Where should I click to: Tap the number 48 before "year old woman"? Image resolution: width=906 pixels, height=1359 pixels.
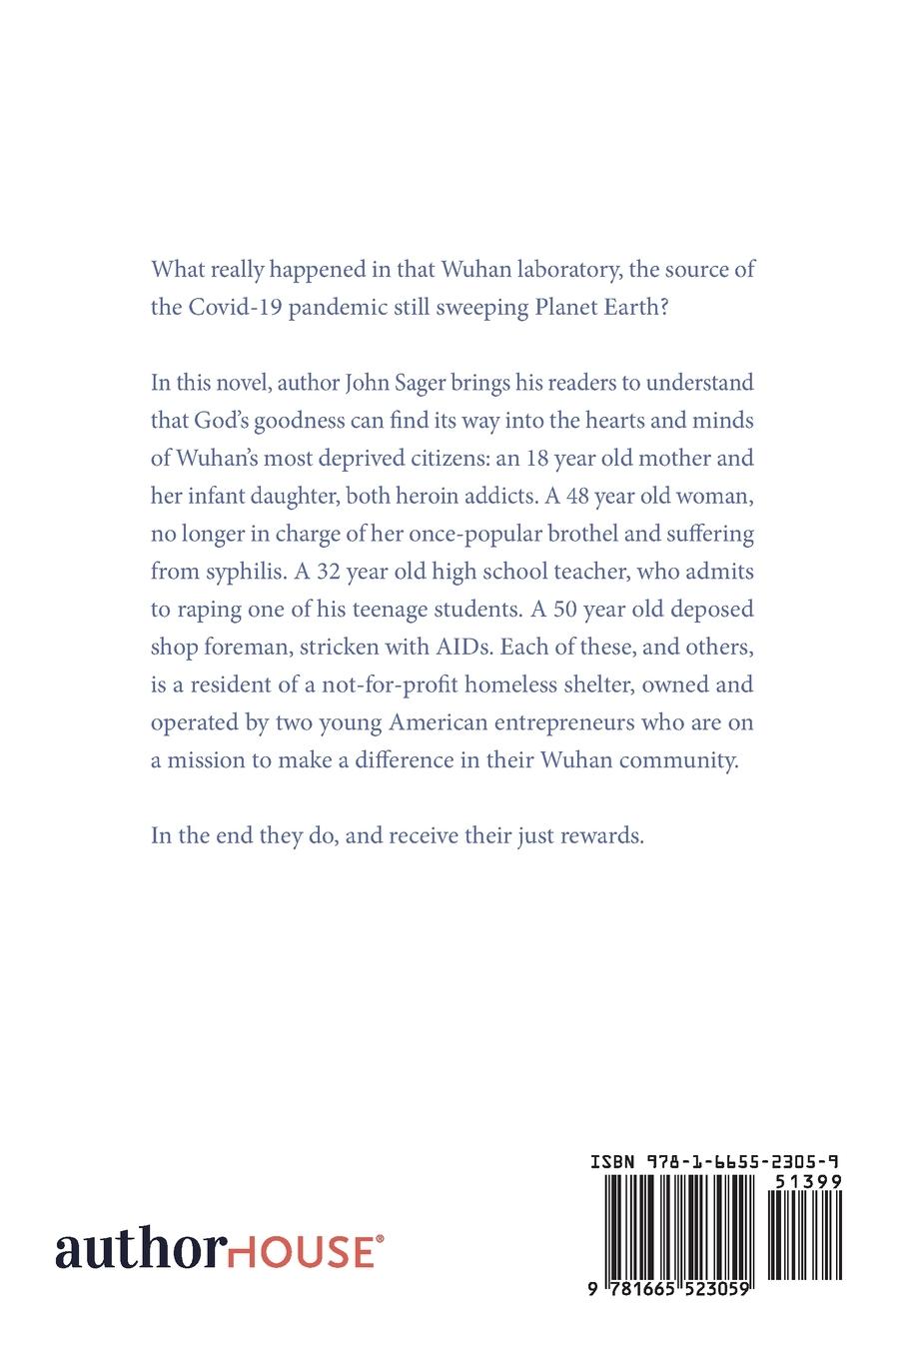pyautogui.click(x=580, y=497)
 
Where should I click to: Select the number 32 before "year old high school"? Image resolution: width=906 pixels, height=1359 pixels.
pyautogui.click(x=334, y=572)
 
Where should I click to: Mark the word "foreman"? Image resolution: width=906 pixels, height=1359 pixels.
pyautogui.click(x=248, y=648)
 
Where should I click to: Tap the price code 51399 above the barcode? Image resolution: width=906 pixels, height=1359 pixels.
pyautogui.click(x=807, y=1180)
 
